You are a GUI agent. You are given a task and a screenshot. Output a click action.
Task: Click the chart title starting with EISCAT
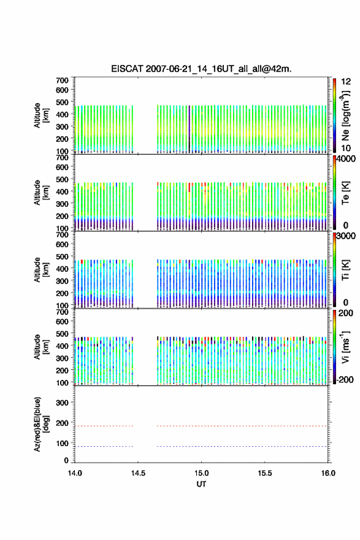pos(201,69)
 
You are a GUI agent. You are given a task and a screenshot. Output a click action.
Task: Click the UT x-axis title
pos(201,484)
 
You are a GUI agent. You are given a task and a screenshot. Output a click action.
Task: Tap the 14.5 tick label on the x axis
pos(138,473)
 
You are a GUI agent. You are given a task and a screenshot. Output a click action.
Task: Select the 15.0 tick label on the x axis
pos(201,473)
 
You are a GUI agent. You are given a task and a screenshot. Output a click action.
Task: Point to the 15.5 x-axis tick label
pos(265,473)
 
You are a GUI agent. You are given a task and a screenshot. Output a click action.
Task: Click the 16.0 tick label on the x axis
pos(328,473)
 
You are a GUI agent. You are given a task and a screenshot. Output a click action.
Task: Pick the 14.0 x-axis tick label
pos(75,473)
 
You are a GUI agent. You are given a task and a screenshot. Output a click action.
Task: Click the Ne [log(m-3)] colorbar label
pos(345,115)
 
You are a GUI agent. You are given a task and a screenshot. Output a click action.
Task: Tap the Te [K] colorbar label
pos(345,193)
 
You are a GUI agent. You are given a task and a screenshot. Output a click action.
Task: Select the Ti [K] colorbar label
pos(345,270)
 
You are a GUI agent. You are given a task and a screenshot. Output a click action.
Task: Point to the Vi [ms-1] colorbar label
pos(345,347)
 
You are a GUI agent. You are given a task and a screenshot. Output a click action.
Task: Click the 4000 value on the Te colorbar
pos(347,159)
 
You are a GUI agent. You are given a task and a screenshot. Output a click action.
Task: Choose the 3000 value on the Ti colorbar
pos(347,236)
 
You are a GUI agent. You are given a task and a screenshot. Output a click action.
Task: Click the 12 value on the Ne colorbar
pos(347,82)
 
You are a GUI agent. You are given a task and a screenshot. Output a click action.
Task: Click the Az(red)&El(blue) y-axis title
pos(41,424)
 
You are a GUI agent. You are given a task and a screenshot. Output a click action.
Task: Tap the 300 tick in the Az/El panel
pos(62,403)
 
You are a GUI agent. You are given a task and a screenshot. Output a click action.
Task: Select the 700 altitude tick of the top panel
pos(62,80)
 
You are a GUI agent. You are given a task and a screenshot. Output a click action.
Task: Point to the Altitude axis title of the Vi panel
pos(41,347)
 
